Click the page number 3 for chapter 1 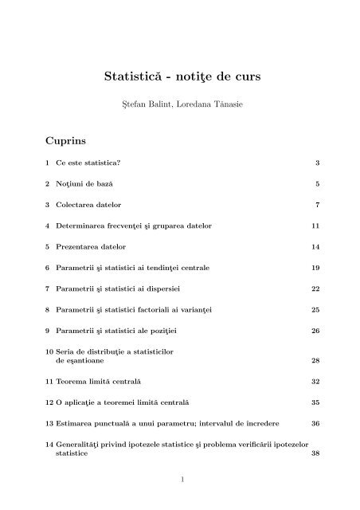point(317,163)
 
